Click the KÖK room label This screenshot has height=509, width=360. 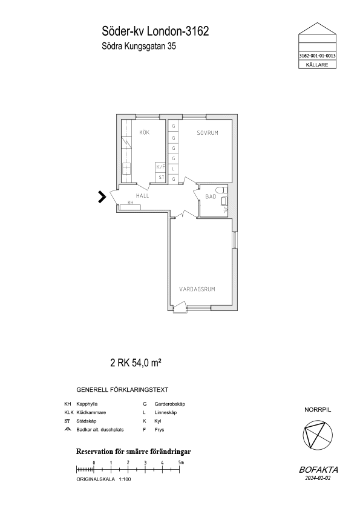coord(144,132)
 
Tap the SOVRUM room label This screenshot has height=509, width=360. coord(208,133)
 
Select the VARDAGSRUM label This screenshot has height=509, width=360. coord(197,289)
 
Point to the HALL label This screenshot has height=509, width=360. coord(142,196)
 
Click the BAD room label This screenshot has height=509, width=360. coord(211,196)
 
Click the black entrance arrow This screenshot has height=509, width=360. coord(102,197)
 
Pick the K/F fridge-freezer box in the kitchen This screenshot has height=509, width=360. coord(161,167)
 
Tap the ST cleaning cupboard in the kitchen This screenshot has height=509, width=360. coord(161,178)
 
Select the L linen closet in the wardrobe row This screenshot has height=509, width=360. coord(174,169)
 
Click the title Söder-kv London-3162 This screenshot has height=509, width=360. coord(155,31)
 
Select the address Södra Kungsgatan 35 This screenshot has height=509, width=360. coord(139,47)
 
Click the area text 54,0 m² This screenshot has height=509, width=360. coord(146,363)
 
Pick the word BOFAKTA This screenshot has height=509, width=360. coord(318,470)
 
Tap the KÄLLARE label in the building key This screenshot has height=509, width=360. coord(317,65)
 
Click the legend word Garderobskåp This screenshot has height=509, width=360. coord(169,404)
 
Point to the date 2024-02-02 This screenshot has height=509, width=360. coord(318,478)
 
